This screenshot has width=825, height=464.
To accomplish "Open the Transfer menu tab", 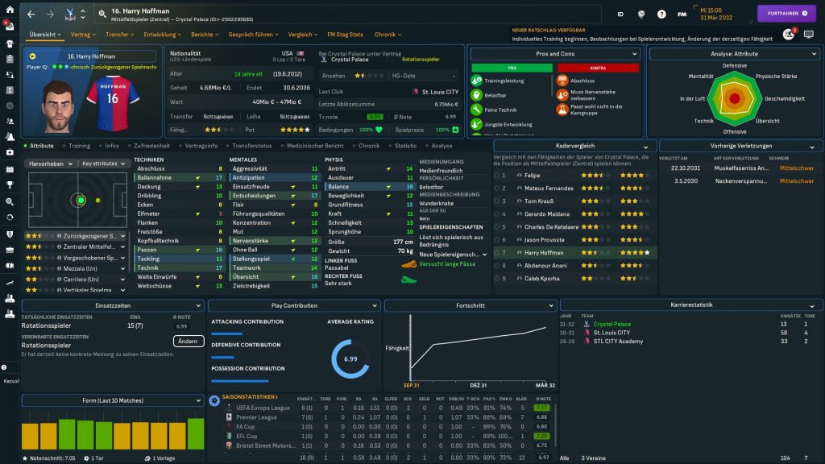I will point(119,35).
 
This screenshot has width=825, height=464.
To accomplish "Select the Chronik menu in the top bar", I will point(388,35).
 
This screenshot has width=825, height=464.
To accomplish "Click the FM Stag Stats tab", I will point(345,35).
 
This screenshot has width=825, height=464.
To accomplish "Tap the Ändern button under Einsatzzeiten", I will point(187,342).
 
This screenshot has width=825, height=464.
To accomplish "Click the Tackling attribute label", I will point(149,259).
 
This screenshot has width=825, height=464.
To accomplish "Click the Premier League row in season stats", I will point(257,417).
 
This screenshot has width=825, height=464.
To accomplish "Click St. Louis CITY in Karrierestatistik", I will point(612,333).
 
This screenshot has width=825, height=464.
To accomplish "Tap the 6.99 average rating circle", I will point(350,359).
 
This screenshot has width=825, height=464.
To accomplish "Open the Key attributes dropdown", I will point(103,163).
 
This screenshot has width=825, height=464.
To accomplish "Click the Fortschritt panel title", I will point(470,306).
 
